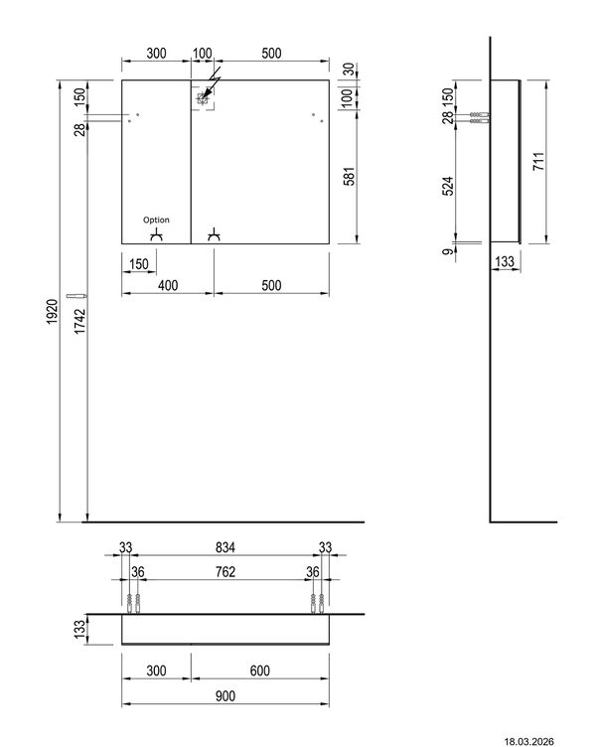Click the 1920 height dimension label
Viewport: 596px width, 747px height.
pyautogui.click(x=52, y=312)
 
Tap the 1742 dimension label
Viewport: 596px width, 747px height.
pyautogui.click(x=80, y=321)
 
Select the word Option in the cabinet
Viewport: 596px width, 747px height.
pyautogui.click(x=156, y=220)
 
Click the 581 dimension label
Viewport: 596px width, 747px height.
pyautogui.click(x=350, y=176)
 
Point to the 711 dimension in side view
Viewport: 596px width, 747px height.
pyautogui.click(x=538, y=162)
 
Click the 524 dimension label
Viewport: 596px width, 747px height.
pyautogui.click(x=448, y=187)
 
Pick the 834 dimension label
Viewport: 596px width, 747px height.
pyautogui.click(x=224, y=547)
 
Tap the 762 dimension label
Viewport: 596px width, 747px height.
pyautogui.click(x=224, y=572)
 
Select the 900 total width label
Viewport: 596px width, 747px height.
pyautogui.click(x=224, y=696)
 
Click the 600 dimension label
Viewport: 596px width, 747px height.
pyautogui.click(x=259, y=671)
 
